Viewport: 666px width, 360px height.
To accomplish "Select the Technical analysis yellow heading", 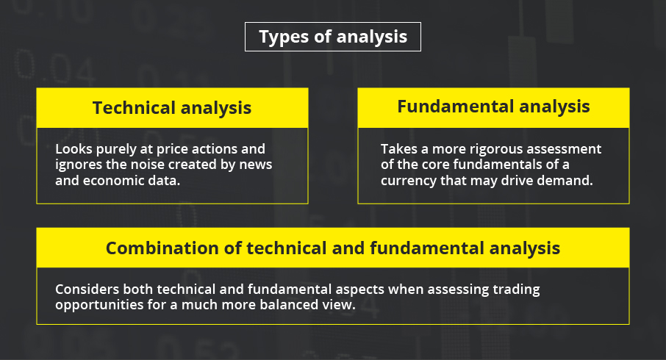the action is point(172,108).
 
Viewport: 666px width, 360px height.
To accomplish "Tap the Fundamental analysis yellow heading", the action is point(493,108).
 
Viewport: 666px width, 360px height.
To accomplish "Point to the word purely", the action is point(116,150).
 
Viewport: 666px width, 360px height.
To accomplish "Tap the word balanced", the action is point(289,304).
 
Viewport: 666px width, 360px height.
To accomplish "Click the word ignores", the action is point(74,165).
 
